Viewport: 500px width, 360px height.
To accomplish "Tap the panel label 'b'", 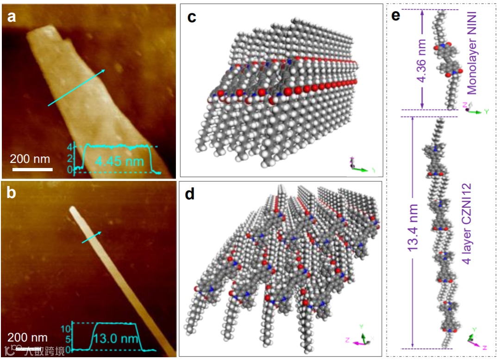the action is (x=11, y=192).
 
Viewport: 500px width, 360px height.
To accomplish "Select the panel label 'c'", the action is (x=191, y=18).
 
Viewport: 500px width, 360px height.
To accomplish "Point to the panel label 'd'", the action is (x=190, y=194).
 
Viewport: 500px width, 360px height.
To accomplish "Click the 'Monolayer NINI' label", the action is (x=472, y=51).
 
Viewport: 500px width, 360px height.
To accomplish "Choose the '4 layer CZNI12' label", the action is (x=467, y=223).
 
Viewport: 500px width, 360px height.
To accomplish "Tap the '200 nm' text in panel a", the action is (x=31, y=158).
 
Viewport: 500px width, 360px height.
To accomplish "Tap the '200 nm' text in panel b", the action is (x=27, y=337).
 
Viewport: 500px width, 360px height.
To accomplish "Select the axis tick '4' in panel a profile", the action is (x=69, y=148).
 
